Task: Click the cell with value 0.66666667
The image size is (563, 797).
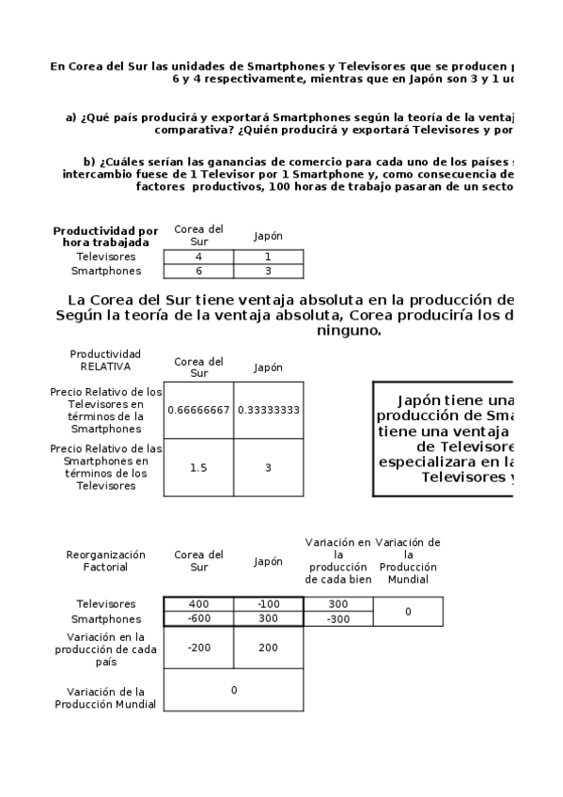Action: coord(198,410)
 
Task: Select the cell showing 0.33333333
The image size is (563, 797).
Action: coord(269,410)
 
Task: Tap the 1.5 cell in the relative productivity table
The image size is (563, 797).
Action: coord(198,467)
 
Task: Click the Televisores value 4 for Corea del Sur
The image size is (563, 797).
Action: coord(198,257)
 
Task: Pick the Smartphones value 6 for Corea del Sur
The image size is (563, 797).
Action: coord(198,271)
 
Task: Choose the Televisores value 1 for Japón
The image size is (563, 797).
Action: coord(269,257)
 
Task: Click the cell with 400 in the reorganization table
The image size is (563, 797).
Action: coord(198,603)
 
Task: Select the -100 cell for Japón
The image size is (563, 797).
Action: coord(269,603)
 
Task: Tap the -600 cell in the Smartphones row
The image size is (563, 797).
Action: coord(198,619)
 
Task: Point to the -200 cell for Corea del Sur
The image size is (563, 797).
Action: coord(198,648)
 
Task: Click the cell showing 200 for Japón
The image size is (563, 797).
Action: coord(269,648)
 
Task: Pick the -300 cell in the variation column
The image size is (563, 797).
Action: coord(338,619)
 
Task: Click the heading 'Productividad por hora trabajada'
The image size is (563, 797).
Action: coord(105,236)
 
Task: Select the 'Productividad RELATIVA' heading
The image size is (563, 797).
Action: coord(105,360)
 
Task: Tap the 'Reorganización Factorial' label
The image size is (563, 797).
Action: coord(105,561)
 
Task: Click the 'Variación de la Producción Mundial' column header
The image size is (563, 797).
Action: coord(408,561)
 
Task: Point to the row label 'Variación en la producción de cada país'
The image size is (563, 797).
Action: coord(105,649)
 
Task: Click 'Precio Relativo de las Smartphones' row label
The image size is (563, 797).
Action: coord(105,467)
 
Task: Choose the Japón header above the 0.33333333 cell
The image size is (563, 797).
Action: coord(269,367)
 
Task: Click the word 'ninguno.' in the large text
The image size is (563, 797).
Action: coord(349,331)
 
